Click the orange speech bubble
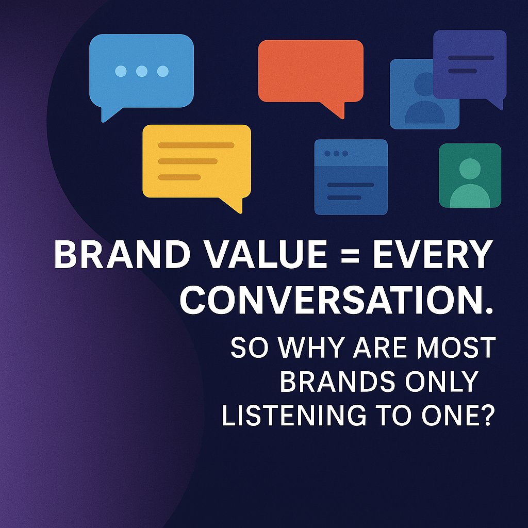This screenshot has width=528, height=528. pyautogui.click(x=310, y=71)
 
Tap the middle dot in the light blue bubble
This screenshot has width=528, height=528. pyautogui.click(x=142, y=71)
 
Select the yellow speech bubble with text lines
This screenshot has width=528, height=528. pyautogui.click(x=196, y=161)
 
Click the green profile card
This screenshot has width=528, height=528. pyautogui.click(x=470, y=175)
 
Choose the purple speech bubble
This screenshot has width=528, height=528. pyautogui.click(x=469, y=64)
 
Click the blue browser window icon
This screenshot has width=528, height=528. pyautogui.click(x=351, y=177)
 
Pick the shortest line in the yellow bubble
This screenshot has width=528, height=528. pyautogui.click(x=179, y=177)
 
